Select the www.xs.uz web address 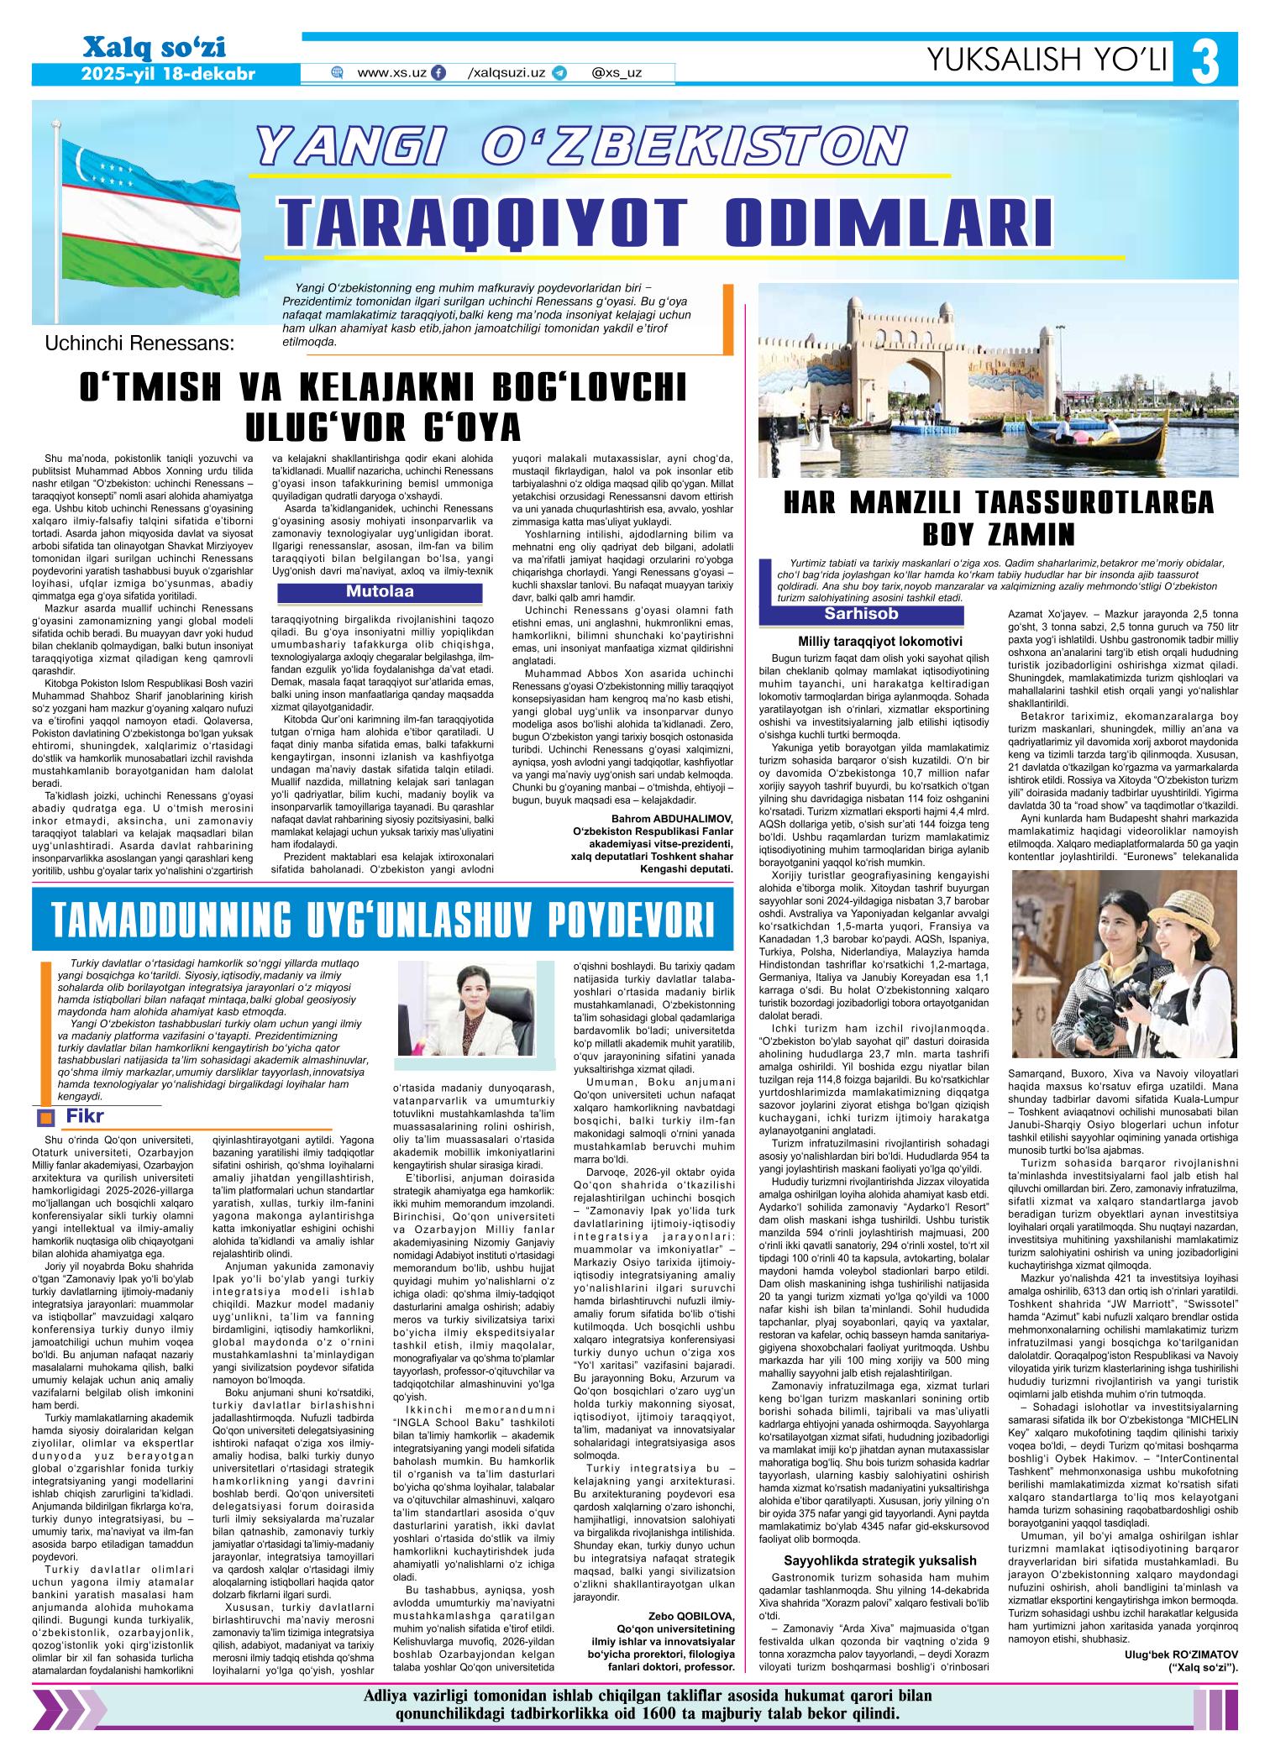click(x=391, y=73)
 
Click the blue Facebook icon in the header click(x=438, y=73)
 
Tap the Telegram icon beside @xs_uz click(x=559, y=73)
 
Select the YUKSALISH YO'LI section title click(x=1047, y=58)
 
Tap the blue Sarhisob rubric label click(x=861, y=614)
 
